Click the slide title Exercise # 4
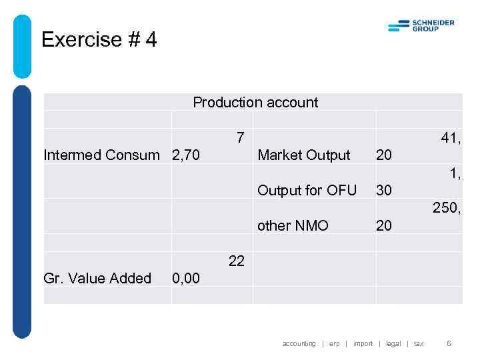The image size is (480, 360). point(99,40)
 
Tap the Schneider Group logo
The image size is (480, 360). point(421,26)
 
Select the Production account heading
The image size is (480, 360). point(255,103)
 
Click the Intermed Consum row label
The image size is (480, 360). point(101,155)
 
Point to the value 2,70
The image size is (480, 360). point(186,155)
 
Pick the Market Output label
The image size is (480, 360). point(303,155)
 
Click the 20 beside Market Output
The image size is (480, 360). point(384,155)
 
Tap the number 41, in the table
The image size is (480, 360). point(451,138)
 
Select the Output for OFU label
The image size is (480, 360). point(307,191)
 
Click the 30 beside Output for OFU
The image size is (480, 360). point(384,191)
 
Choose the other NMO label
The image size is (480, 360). point(293,226)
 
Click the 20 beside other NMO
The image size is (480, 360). point(384,226)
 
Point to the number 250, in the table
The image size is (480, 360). point(447,209)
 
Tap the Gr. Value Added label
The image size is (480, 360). point(97,279)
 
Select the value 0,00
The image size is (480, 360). point(186,279)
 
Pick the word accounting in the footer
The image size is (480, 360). point(299,344)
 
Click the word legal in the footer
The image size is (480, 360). point(393,344)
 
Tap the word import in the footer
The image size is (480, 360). point(363,344)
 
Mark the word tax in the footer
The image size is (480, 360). point(419,344)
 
